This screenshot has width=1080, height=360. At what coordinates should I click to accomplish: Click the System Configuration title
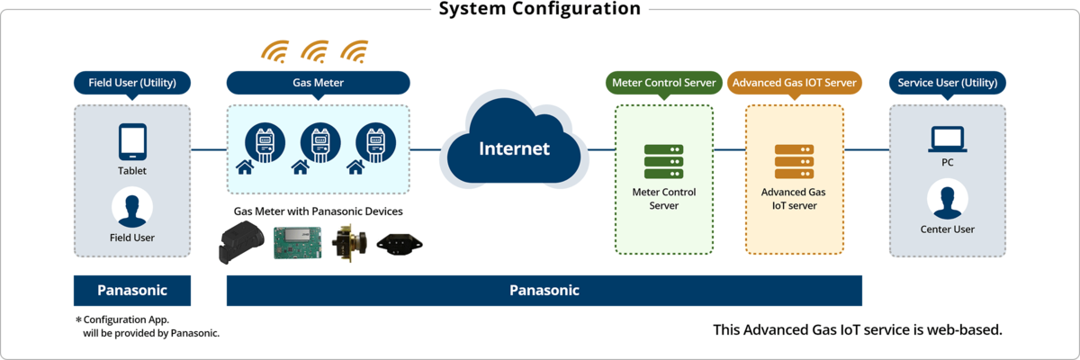tap(539, 8)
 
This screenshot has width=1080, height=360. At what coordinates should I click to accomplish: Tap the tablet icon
tap(132, 141)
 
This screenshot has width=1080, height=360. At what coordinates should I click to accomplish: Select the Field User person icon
tap(132, 207)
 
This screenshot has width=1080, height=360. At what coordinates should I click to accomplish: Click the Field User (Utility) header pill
tap(132, 83)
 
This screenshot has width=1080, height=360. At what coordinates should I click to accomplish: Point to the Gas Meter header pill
tap(319, 83)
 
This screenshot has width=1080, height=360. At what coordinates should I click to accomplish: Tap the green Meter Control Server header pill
tap(664, 83)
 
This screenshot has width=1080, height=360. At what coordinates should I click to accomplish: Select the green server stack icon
tap(664, 161)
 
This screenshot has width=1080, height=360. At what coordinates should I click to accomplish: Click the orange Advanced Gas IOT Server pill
tap(794, 83)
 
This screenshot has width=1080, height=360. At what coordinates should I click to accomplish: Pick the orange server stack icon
tap(794, 161)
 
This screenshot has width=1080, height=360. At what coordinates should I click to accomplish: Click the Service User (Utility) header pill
tap(948, 83)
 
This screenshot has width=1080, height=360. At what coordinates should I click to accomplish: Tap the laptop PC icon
tap(948, 139)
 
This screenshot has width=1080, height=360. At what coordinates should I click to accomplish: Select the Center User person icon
tap(948, 199)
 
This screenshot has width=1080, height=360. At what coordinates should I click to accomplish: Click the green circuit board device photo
tap(298, 243)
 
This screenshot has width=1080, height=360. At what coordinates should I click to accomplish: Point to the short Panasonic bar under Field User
tap(132, 291)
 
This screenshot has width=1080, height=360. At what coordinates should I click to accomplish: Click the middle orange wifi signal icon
tap(315, 52)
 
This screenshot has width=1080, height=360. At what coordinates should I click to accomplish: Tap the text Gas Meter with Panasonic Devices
tap(319, 211)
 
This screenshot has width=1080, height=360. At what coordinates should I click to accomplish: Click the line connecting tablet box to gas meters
tap(209, 150)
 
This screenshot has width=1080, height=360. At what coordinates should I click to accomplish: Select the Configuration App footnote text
tap(148, 327)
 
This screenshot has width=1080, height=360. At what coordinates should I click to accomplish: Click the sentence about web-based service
tap(858, 330)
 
